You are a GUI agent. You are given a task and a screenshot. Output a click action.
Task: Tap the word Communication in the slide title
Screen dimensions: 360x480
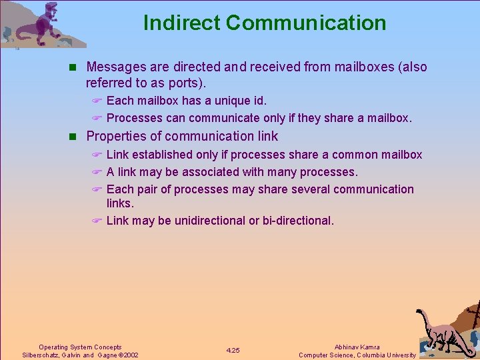(x=306, y=23)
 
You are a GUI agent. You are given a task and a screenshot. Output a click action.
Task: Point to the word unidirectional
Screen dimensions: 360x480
(x=210, y=221)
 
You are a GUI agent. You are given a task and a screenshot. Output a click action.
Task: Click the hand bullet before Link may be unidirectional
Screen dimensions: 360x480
(x=96, y=221)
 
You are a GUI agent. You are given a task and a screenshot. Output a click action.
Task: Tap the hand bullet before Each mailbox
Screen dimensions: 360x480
(x=96, y=101)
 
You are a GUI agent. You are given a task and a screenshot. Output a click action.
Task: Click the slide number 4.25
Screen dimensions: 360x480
(x=233, y=351)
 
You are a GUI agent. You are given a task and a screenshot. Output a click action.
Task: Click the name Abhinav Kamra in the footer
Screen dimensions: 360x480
(x=357, y=347)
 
